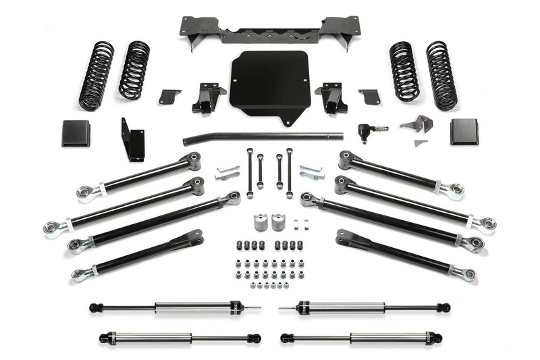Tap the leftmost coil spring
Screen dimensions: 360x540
(x=97, y=76)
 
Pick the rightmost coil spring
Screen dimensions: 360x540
(x=441, y=76)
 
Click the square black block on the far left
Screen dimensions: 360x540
(x=76, y=133)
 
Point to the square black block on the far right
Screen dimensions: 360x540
(x=464, y=132)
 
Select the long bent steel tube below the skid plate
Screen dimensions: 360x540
(x=263, y=138)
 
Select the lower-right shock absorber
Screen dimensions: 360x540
(x=364, y=337)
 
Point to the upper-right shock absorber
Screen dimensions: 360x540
(x=364, y=308)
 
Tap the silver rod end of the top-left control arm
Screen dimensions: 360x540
(x=86, y=194)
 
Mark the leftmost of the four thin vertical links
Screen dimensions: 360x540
(x=249, y=173)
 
